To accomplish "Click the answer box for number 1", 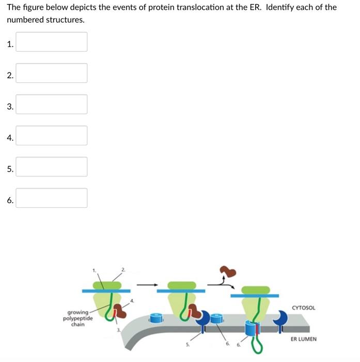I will [51, 42].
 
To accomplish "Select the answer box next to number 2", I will [51, 73].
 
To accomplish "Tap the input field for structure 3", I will [51, 104].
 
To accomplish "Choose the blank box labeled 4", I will [51, 135].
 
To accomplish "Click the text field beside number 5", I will [51, 167].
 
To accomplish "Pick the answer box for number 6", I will [51, 198].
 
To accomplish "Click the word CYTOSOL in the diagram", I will [304, 308].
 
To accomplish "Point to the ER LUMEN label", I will [303, 339].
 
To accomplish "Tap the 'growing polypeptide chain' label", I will [78, 318].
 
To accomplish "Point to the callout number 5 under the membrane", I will [187, 344].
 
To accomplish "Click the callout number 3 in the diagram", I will [118, 329].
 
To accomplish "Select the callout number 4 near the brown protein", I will [132, 300].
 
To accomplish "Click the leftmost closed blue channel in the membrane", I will [156, 318].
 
